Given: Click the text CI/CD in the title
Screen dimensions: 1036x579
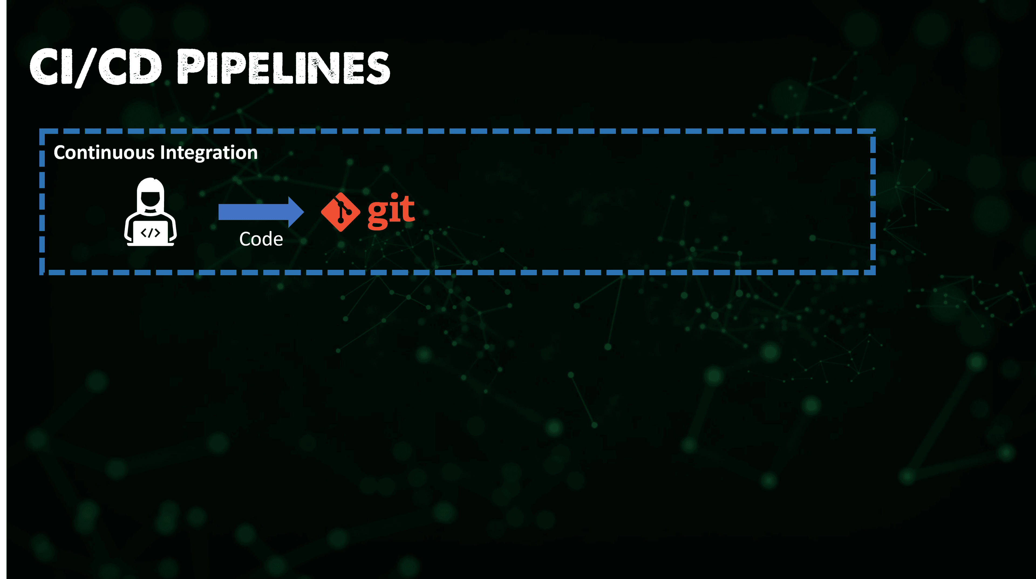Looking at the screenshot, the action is tap(96, 67).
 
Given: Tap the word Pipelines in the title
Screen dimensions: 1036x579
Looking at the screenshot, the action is tap(284, 67).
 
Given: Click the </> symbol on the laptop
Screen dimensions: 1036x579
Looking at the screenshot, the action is tap(151, 233).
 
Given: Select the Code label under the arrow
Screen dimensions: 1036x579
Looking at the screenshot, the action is tap(261, 239).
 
